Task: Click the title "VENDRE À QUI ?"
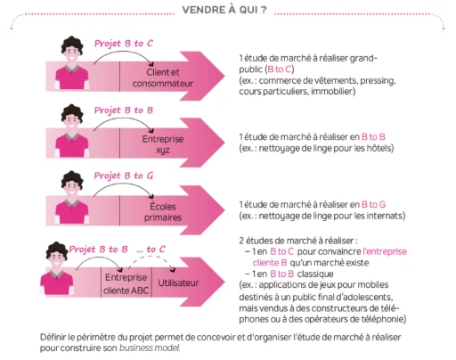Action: click(224, 10)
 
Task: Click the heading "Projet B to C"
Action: click(124, 44)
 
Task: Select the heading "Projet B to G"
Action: click(124, 176)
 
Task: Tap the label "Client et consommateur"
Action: click(163, 78)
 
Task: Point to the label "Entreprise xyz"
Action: click(163, 144)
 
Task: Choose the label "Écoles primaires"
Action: click(163, 212)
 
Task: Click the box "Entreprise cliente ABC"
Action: click(126, 283)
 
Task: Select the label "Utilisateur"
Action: click(178, 282)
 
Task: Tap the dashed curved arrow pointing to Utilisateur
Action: click(151, 257)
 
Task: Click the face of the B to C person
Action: click(72, 53)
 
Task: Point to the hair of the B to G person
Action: click(71, 178)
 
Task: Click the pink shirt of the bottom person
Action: click(57, 282)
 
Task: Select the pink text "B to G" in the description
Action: click(373, 204)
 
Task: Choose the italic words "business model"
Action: click(150, 348)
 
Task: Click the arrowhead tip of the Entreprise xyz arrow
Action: click(224, 143)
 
